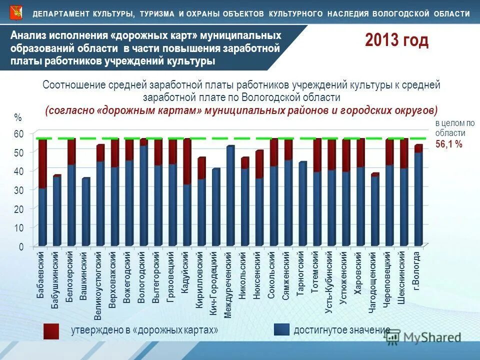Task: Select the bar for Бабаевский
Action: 42,200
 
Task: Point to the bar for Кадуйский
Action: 187,200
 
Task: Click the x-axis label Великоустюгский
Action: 99,285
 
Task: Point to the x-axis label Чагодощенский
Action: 372,283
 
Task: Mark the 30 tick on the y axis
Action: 18,190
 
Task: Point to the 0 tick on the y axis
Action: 20,247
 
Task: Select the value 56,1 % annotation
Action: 448,144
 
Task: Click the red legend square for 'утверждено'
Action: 51,331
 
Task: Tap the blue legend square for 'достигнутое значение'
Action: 281,330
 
